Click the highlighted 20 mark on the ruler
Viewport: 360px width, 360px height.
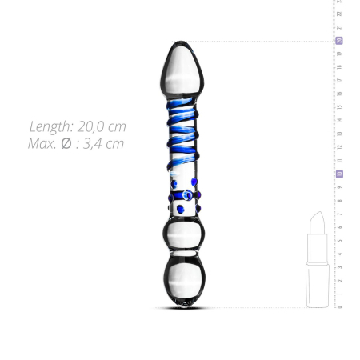(339, 40)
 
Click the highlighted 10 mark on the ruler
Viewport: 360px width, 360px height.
(339, 174)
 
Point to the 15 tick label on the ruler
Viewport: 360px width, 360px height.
(339, 106)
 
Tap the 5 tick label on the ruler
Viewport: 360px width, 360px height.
(339, 240)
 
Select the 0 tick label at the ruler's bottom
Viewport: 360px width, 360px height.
(339, 306)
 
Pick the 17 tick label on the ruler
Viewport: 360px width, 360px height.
(339, 80)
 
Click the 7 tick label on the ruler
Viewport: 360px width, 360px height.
(339, 214)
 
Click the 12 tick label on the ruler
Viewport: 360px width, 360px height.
(339, 146)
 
